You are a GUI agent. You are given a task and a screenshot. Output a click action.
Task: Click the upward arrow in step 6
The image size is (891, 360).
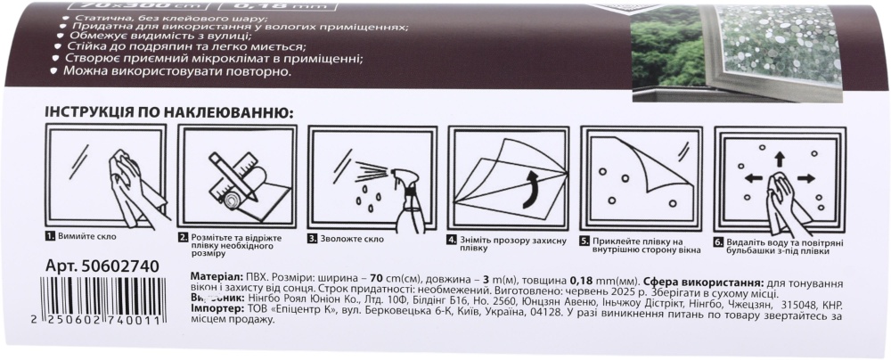780,160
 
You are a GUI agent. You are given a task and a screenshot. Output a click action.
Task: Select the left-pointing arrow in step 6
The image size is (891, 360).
754,178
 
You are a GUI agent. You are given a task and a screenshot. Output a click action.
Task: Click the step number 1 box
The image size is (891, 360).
50,238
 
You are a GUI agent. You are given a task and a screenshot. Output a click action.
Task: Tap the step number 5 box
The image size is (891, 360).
584,241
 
